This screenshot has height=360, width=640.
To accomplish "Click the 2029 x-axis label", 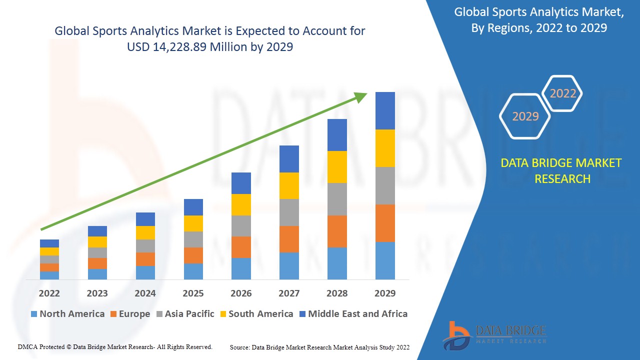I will tap(385, 293).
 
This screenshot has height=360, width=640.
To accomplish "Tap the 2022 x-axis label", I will tap(49, 293).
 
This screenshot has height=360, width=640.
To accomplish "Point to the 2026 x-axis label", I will tap(241, 293).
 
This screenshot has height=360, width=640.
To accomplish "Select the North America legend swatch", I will tap(34, 314).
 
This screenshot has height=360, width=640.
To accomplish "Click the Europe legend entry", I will tap(129, 314).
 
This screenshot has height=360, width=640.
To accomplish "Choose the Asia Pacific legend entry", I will tap(185, 314).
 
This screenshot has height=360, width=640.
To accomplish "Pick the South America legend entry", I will tap(256, 314).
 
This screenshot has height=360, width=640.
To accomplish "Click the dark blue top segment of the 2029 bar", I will tap(385, 110).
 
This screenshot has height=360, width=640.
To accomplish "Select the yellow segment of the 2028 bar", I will tap(337, 166).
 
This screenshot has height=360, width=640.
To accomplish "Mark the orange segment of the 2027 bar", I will tap(289, 239).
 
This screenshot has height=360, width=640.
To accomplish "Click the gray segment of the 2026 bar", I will tap(241, 226).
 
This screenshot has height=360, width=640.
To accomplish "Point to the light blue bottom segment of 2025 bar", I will tap(193, 271).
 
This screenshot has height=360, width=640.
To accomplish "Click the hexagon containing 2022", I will tap(563, 93).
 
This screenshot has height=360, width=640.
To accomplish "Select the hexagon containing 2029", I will tap(525, 116).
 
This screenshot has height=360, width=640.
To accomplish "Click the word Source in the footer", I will tap(239, 347).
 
